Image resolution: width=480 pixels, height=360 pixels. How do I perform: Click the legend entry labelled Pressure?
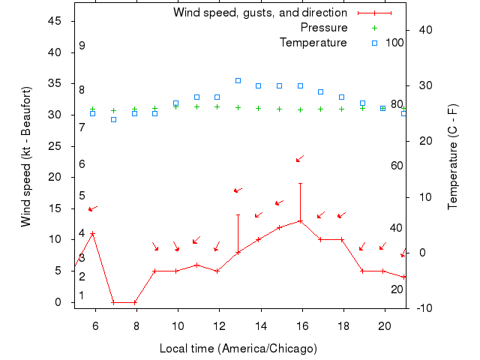(x=324, y=28)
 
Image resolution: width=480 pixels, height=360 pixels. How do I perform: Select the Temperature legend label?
(x=313, y=43)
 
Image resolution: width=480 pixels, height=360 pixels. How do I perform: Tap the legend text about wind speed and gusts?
(x=260, y=13)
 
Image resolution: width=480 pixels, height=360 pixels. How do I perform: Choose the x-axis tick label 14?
(x=259, y=325)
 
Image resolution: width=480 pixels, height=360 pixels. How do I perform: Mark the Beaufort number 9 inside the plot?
(x=82, y=46)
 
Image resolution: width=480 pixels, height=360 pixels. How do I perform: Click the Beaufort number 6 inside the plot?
(x=82, y=164)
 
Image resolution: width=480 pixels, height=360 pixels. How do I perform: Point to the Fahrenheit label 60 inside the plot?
(x=397, y=166)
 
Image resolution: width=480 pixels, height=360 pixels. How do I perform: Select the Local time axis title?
(x=238, y=349)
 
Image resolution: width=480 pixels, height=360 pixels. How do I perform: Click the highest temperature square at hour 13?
(x=238, y=80)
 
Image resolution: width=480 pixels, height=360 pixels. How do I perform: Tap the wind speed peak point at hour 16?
(x=300, y=221)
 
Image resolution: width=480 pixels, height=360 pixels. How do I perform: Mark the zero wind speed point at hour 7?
(x=113, y=302)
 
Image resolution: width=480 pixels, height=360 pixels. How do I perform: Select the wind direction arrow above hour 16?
(x=299, y=158)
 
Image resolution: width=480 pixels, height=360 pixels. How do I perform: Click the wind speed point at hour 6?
(x=92, y=233)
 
